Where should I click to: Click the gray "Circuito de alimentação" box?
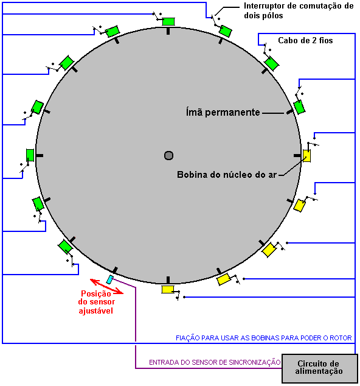point(320,368)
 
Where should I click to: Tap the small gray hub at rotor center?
point(168,156)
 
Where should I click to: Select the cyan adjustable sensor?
point(110,279)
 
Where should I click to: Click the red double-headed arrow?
point(106,286)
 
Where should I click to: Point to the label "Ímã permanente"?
point(223,112)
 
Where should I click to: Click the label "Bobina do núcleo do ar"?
point(227,175)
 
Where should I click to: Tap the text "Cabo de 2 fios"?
point(305,40)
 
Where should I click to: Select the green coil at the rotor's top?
point(168,21)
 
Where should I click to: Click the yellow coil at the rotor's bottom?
point(168,290)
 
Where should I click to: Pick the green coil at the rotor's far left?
point(30,155)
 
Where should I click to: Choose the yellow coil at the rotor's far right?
point(306,156)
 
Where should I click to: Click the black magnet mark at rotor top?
point(168,31)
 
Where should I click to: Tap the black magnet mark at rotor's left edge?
point(40,156)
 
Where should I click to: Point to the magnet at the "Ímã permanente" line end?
point(290,112)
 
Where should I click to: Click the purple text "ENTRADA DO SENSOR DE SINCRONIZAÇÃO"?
point(215,362)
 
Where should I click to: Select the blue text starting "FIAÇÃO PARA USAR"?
point(263,338)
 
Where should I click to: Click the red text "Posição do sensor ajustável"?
point(97,302)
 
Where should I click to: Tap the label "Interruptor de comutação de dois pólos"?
point(299,10)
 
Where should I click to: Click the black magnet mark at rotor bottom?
point(168,280)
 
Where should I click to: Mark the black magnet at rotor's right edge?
point(297,156)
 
